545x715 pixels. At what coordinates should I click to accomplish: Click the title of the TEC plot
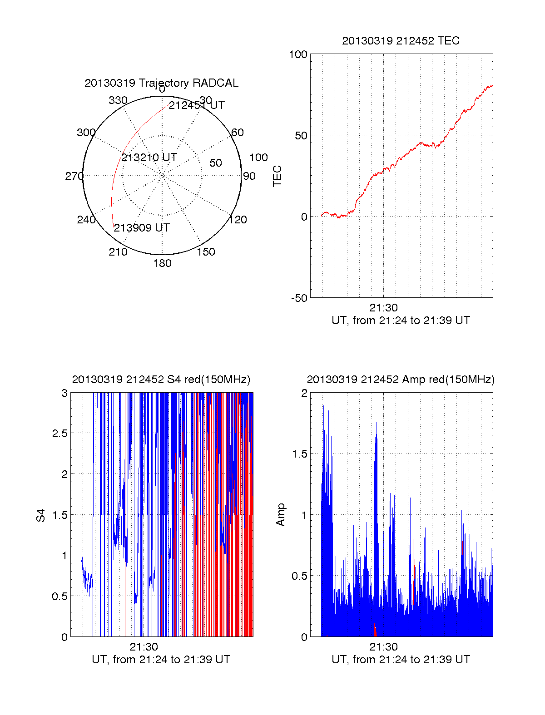(401, 41)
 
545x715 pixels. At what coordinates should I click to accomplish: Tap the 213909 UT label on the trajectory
(142, 228)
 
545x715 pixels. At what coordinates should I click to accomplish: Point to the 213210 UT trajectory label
(149, 158)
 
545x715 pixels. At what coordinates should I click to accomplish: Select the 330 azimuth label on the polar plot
(118, 100)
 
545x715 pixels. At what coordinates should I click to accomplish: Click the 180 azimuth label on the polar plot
(162, 263)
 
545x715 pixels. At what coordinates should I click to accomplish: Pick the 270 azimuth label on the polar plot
(74, 176)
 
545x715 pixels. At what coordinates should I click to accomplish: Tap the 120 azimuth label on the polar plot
(238, 220)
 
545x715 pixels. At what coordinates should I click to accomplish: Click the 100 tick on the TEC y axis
(298, 54)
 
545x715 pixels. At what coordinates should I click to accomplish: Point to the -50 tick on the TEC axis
(299, 298)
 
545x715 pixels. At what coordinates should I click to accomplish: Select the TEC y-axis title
(277, 176)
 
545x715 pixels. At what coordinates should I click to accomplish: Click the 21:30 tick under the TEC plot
(383, 308)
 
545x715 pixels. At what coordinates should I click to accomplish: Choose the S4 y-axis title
(41, 515)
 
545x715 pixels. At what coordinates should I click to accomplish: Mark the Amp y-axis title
(281, 515)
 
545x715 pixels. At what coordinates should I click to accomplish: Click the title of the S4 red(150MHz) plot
(161, 380)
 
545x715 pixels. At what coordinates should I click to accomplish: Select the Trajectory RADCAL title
(161, 83)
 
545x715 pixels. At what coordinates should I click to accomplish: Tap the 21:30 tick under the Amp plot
(383, 647)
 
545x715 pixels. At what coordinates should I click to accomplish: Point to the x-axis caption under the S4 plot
(161, 660)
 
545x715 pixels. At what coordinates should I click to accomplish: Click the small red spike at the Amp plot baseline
(375, 630)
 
